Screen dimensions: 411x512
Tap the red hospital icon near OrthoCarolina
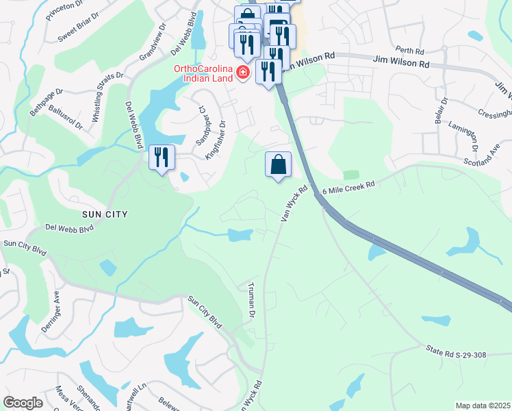click(242, 73)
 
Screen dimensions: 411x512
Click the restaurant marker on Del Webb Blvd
click(162, 158)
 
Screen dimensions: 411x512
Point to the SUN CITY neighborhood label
click(105, 214)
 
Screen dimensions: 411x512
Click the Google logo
click(23, 403)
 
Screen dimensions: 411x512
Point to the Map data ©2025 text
click(483, 406)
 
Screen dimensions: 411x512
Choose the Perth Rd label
click(410, 50)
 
